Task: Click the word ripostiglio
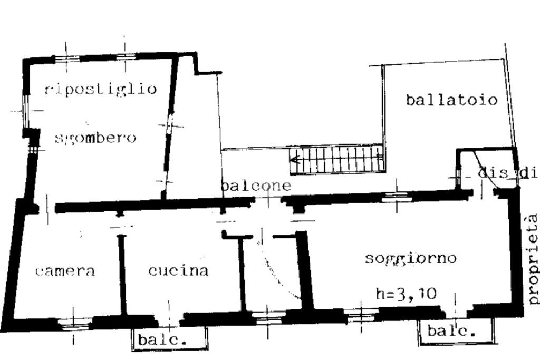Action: (100, 89)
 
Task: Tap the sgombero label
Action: (95, 138)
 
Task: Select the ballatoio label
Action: (452, 100)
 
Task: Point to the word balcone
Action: (256, 186)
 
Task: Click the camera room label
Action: (65, 271)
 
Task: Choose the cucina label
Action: (178, 271)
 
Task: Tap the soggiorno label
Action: (410, 258)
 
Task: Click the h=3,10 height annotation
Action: (406, 293)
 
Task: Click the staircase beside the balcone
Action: (337, 159)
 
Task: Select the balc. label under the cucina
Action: (162, 340)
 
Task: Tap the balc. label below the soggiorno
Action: (451, 332)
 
